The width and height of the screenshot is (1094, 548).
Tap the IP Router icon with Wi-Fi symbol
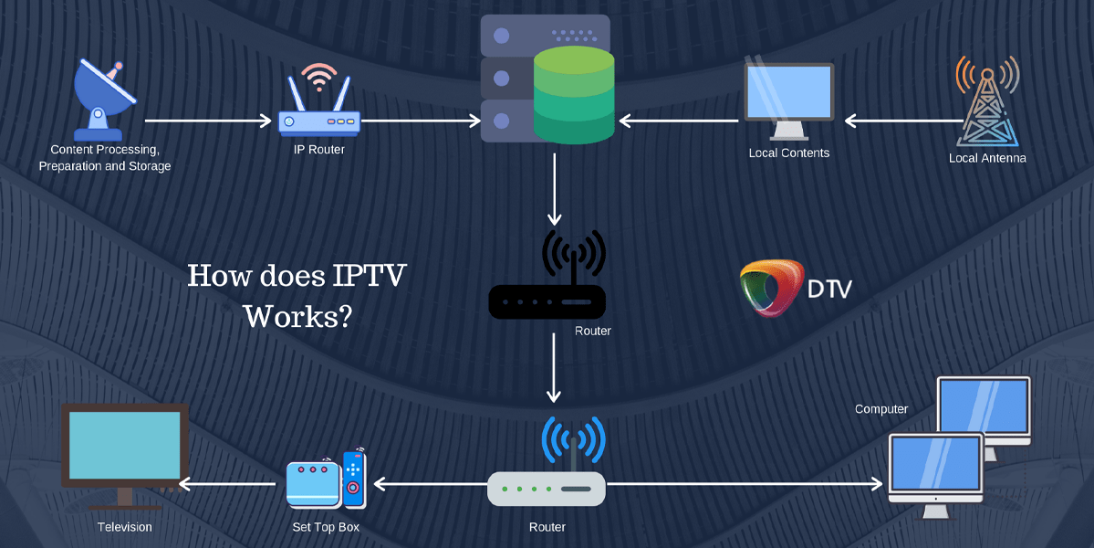pyautogui.click(x=318, y=104)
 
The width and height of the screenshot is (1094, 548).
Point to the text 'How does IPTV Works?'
pyautogui.click(x=297, y=295)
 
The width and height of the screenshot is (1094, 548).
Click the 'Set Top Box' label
pyautogui.click(x=325, y=527)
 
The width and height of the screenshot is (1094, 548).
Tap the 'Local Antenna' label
pyautogui.click(x=987, y=158)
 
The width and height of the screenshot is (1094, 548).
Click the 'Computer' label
pyautogui.click(x=880, y=409)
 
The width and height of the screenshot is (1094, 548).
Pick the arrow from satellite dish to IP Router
pyautogui.click(x=208, y=120)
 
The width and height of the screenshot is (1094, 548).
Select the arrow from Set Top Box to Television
pyautogui.click(x=228, y=484)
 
